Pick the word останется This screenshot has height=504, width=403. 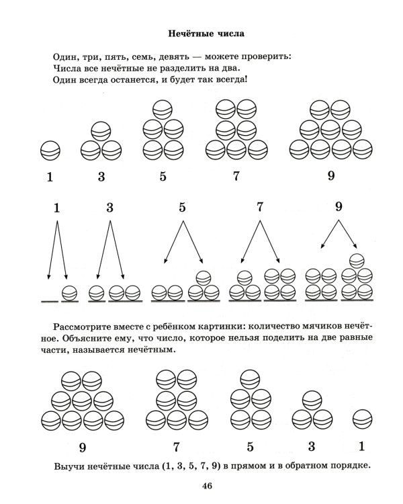133,80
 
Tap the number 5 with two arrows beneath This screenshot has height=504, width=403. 182,208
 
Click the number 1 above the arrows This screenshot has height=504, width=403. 57,208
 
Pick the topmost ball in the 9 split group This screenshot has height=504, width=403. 357,259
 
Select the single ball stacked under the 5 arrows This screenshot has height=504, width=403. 202,277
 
